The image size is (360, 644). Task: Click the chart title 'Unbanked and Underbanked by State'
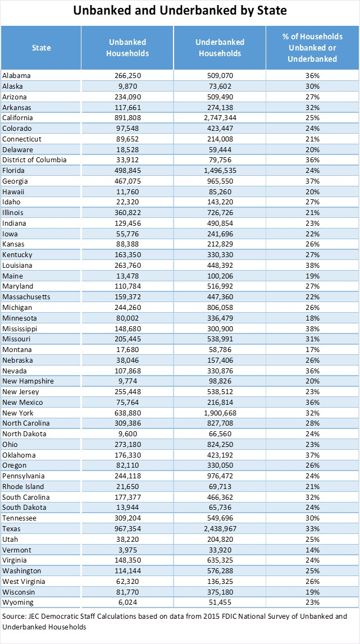click(x=180, y=11)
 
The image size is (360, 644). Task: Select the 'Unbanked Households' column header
click(x=127, y=48)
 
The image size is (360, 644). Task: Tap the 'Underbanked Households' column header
click(x=220, y=48)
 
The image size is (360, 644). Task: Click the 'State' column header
click(x=41, y=48)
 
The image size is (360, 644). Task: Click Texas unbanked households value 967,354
click(x=127, y=528)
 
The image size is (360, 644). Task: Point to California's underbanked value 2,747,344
click(x=220, y=117)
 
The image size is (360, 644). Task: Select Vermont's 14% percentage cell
click(x=313, y=550)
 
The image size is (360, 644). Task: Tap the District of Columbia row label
click(x=34, y=160)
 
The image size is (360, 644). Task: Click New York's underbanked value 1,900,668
click(x=220, y=413)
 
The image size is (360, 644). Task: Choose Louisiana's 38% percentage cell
click(x=313, y=265)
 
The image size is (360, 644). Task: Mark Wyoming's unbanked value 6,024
click(x=127, y=602)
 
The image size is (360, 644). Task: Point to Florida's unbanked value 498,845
click(x=127, y=170)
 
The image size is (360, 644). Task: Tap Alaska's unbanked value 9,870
click(x=127, y=86)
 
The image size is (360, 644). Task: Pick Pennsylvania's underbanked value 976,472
click(x=220, y=476)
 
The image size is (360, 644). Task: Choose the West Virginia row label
click(x=24, y=581)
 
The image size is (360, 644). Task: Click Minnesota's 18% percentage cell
click(x=313, y=318)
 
